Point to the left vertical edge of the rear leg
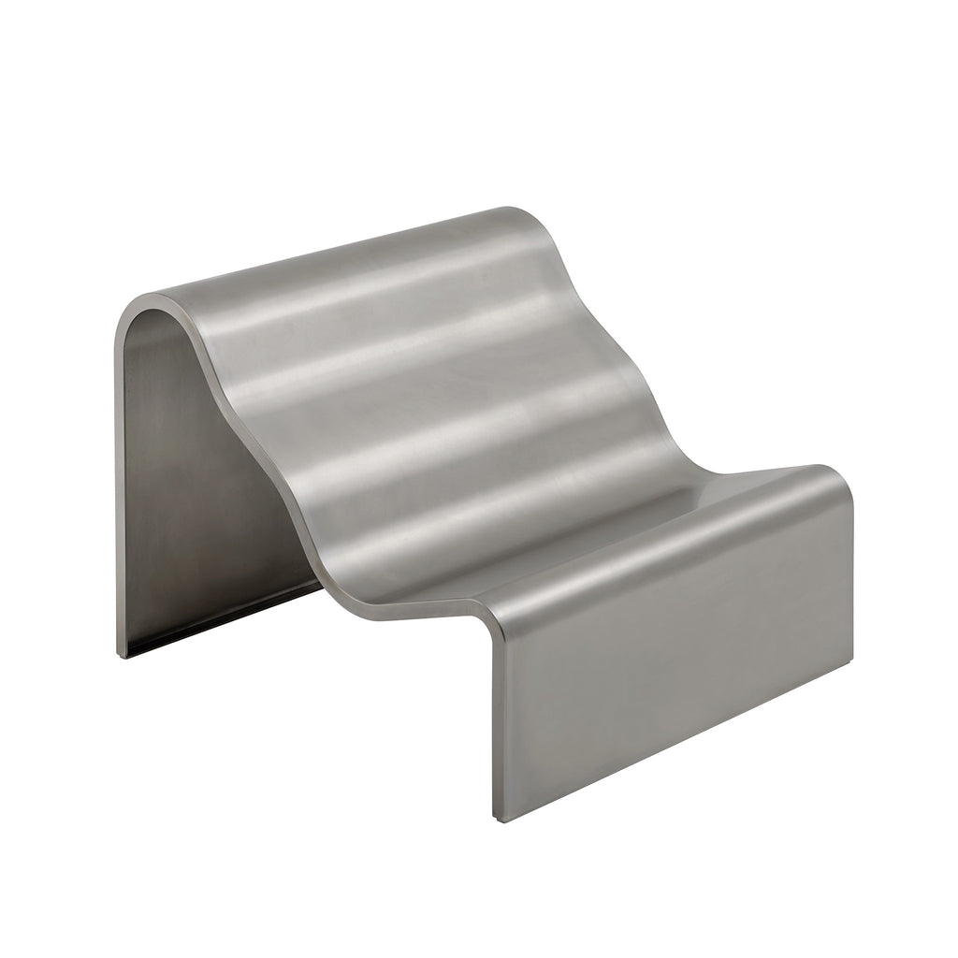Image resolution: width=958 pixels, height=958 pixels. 117,486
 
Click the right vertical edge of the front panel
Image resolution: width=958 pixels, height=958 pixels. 852,599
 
